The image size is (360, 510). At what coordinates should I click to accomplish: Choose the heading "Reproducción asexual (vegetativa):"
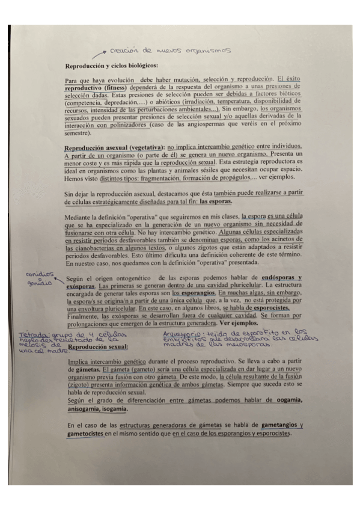(114, 148)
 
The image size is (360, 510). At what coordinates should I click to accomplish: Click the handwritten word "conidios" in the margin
(38, 274)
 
